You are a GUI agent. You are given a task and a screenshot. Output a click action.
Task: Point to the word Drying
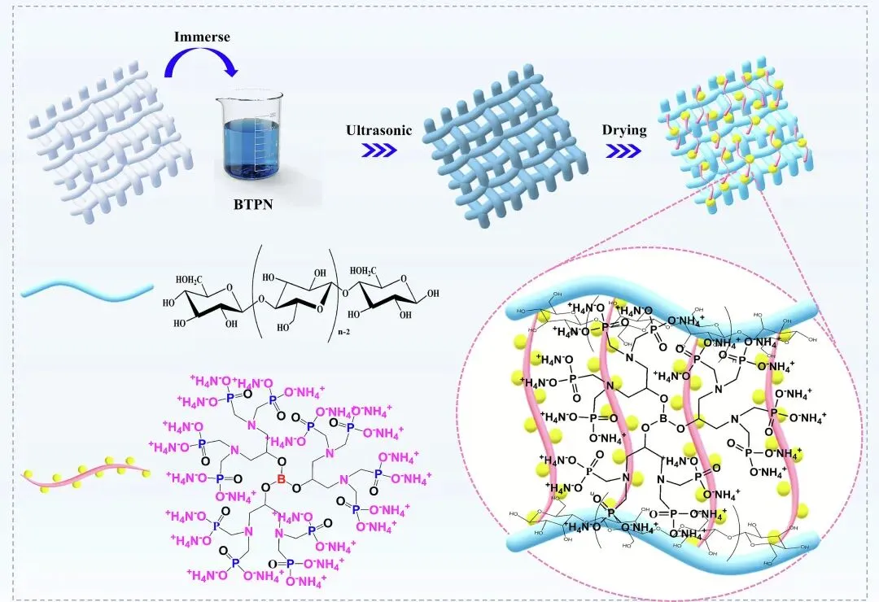[x=624, y=130]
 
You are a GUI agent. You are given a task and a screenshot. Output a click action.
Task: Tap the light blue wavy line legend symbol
[x=87, y=289]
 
